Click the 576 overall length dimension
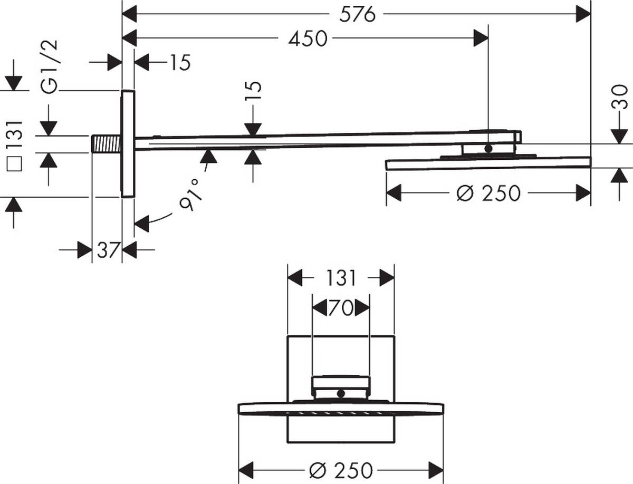(357, 14)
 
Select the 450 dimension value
(308, 38)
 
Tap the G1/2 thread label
(52, 67)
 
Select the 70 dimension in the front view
(341, 308)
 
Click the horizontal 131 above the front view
(341, 278)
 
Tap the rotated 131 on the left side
(15, 135)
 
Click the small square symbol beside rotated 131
(15, 165)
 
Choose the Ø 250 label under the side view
(488, 193)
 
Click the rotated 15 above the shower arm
(253, 94)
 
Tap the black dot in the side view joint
(488, 149)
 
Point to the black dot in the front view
(341, 393)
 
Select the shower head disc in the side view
(488, 163)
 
